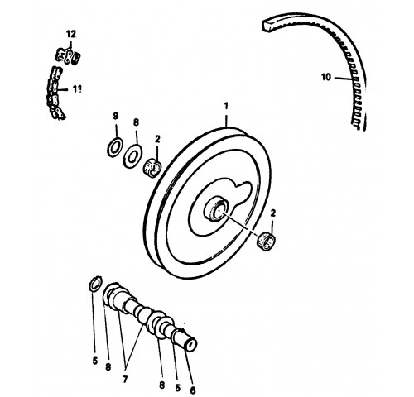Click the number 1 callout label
tap(226, 106)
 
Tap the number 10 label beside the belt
tap(326, 77)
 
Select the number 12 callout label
tap(70, 34)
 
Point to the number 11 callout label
tap(77, 88)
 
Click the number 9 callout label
tap(116, 116)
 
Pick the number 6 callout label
tap(193, 390)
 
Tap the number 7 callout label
tap(125, 380)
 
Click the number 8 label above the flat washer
tap(136, 122)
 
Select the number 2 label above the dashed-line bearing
tap(273, 213)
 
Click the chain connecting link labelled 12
tap(69, 56)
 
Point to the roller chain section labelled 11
tap(56, 93)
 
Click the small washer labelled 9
tap(113, 147)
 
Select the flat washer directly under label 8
tap(132, 155)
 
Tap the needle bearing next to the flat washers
tap(152, 168)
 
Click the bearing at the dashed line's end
tap(267, 242)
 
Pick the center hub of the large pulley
tap(217, 209)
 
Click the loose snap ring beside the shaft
tap(95, 284)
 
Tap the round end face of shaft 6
tap(191, 345)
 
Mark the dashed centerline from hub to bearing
tap(239, 223)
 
